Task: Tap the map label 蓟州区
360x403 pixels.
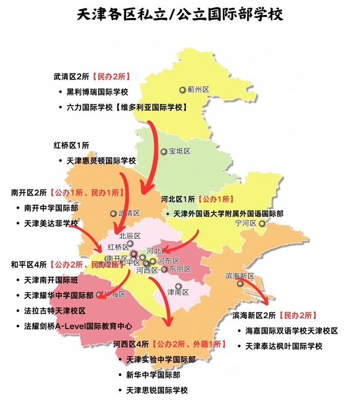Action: tap(198, 90)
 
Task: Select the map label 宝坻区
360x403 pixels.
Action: tap(179, 151)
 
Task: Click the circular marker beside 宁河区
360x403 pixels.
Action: tap(261, 223)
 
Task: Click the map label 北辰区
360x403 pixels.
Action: tap(129, 236)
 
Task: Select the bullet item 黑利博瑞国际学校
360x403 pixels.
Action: tap(102, 92)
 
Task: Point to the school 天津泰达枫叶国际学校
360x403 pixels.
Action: tap(284, 346)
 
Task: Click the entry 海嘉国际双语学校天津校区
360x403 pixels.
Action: tap(291, 331)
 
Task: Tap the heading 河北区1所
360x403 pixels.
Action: tap(178, 199)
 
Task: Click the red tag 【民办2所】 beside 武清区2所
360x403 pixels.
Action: tap(112, 76)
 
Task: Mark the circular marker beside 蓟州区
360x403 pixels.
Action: tap(182, 90)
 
